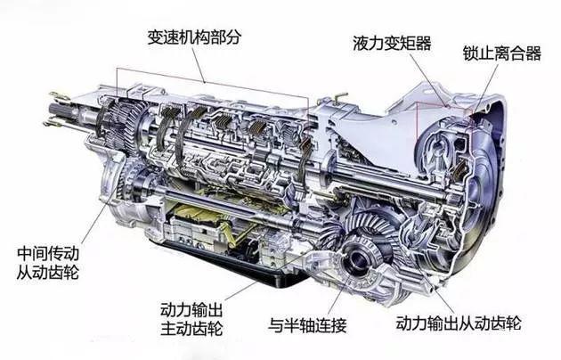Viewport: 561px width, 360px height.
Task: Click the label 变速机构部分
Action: click(x=194, y=37)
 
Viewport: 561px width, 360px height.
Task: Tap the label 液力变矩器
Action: click(x=392, y=43)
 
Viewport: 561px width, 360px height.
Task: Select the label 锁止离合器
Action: click(x=502, y=53)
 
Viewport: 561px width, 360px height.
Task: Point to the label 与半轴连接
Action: click(x=308, y=325)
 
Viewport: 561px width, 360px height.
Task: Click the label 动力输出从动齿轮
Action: click(x=459, y=323)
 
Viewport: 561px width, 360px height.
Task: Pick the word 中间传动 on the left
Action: click(x=48, y=253)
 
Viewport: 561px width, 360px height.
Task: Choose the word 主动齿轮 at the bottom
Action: click(x=191, y=329)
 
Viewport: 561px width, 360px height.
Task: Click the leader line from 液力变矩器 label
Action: click(x=428, y=79)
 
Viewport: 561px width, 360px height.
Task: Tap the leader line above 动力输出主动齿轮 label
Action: click(x=240, y=290)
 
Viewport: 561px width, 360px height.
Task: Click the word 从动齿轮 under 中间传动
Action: click(x=48, y=272)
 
